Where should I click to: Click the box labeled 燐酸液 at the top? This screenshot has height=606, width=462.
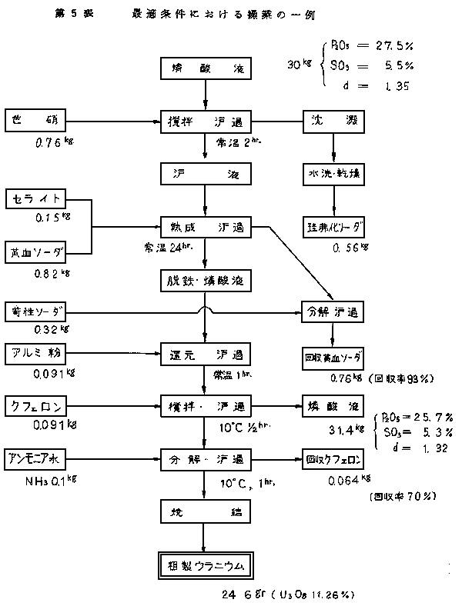(x=206, y=68)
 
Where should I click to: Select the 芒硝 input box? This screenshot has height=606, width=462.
(x=36, y=121)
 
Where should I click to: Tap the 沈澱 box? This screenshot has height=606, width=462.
(x=333, y=121)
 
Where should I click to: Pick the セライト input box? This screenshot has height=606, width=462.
(x=36, y=200)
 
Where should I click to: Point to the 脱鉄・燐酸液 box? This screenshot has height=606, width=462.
(x=206, y=280)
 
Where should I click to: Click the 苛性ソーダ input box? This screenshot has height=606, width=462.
(x=36, y=313)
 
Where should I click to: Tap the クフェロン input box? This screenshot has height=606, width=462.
(x=36, y=405)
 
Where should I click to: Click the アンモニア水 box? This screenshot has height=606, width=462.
(x=36, y=458)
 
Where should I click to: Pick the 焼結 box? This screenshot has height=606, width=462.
(x=206, y=511)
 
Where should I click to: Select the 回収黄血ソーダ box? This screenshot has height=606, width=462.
(x=333, y=359)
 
